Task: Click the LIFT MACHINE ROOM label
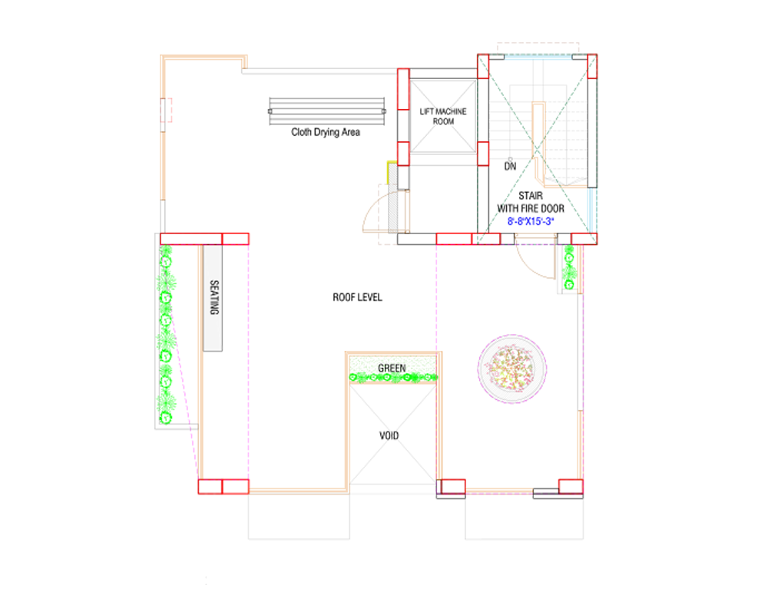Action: tap(442, 116)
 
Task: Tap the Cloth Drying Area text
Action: tap(326, 132)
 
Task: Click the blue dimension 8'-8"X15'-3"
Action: tap(531, 221)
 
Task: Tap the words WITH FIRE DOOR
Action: tap(531, 208)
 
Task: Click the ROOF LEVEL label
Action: tap(357, 297)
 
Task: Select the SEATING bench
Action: tap(213, 297)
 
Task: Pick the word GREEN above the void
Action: tap(392, 369)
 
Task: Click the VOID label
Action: tap(389, 435)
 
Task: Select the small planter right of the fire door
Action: tap(569, 268)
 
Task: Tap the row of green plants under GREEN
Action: tap(393, 377)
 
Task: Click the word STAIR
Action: tap(530, 196)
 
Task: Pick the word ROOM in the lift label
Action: tap(443, 121)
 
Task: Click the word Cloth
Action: tap(301, 132)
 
